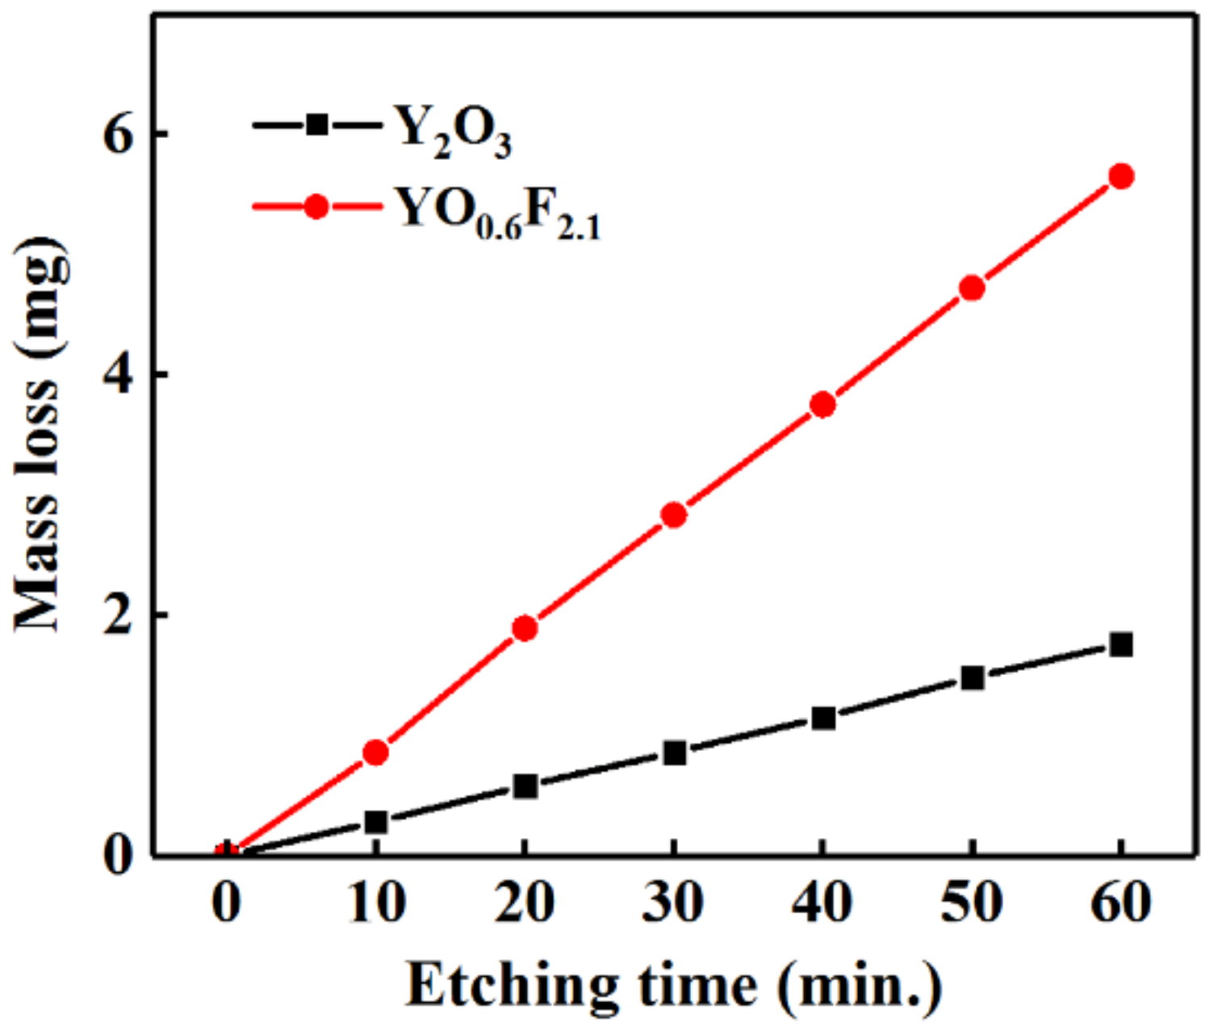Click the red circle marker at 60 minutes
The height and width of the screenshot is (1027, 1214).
[x=1120, y=176]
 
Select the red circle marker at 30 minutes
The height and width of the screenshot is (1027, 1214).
[x=674, y=515]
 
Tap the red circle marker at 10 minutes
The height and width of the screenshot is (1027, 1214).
[x=375, y=752]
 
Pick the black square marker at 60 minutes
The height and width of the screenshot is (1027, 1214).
[x=1120, y=644]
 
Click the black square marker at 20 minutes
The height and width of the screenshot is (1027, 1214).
[x=525, y=786]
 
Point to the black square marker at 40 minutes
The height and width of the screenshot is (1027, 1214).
[x=823, y=717]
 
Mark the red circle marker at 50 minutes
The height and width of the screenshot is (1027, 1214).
[x=972, y=288]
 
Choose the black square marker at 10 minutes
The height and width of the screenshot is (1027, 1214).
[x=375, y=822]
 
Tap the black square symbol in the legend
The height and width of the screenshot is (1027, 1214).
[x=317, y=124]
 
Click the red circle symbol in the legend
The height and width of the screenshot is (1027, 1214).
[x=317, y=207]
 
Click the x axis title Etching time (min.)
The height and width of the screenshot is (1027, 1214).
[x=673, y=985]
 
